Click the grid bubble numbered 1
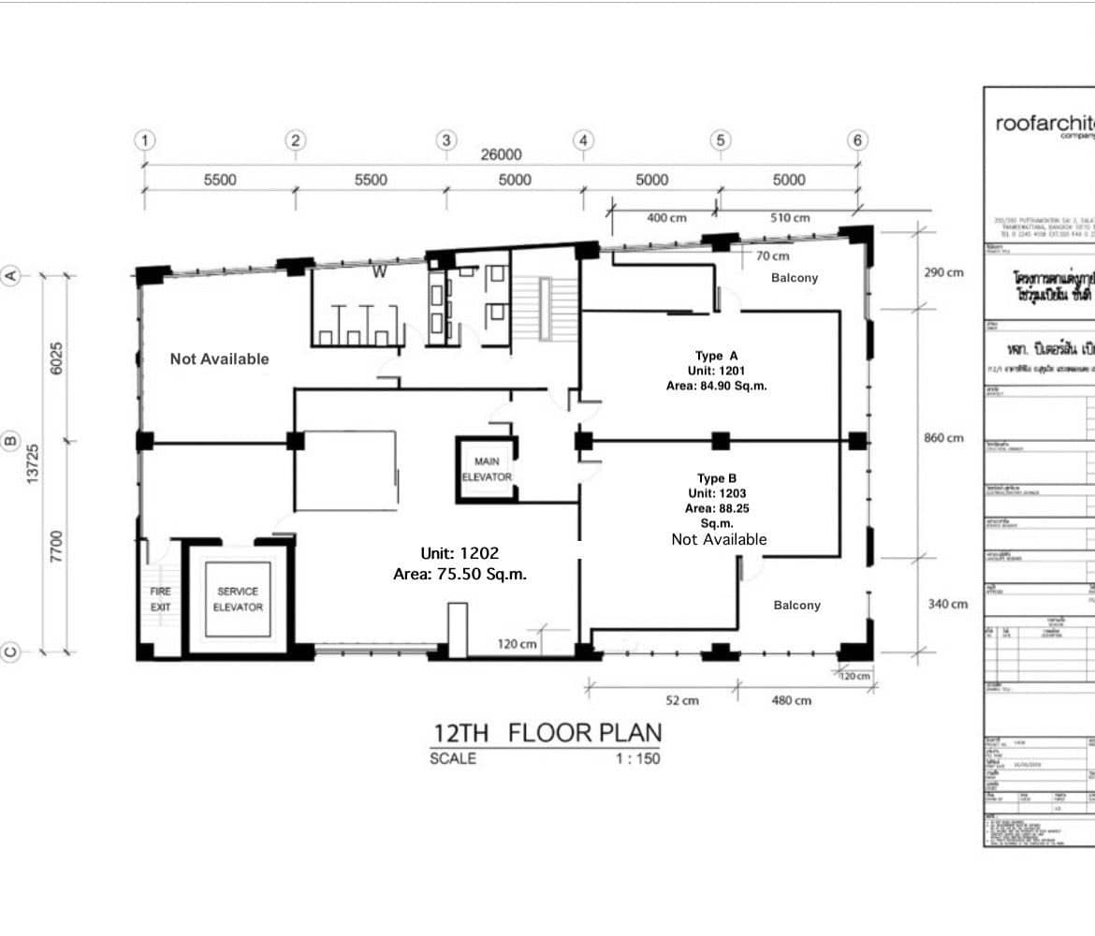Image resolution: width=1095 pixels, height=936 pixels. click(x=144, y=140)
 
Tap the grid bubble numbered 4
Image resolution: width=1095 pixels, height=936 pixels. click(x=583, y=140)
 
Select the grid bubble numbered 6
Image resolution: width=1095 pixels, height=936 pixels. click(x=857, y=140)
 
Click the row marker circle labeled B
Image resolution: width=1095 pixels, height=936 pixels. click(x=12, y=440)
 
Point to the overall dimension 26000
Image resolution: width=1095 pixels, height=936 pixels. click(x=501, y=155)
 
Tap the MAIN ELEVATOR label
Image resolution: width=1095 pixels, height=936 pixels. click(x=487, y=469)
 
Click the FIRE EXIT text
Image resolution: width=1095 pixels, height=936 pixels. click(x=160, y=599)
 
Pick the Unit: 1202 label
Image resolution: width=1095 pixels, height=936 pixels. click(x=460, y=553)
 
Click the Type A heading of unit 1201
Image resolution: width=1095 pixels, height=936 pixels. click(x=717, y=356)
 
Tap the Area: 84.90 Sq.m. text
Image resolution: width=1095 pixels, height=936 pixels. click(x=717, y=385)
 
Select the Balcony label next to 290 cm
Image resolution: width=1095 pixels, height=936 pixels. click(x=794, y=278)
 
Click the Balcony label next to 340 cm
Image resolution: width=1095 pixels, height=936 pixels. click(x=796, y=606)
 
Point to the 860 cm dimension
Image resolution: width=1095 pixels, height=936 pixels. click(x=942, y=438)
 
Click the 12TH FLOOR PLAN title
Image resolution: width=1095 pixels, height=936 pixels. click(x=547, y=732)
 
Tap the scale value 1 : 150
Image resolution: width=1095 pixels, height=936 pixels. click(x=636, y=758)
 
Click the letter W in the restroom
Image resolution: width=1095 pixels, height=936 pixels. click(x=379, y=272)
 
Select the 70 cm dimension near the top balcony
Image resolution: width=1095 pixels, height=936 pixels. click(x=772, y=256)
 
